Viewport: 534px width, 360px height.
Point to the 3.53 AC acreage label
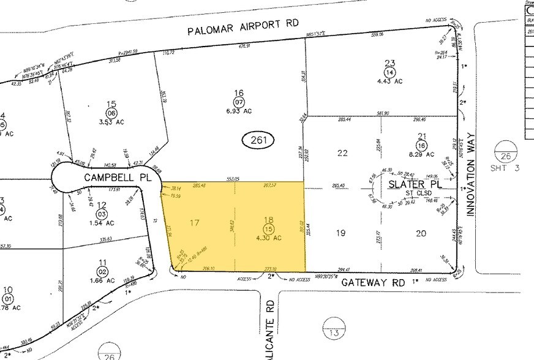point(111,122)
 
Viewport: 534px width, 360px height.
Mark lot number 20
point(420,233)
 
